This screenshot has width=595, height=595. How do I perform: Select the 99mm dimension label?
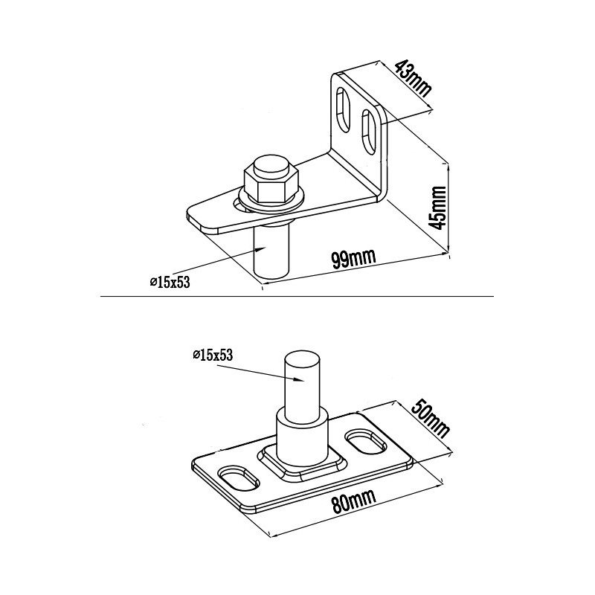tap(353, 259)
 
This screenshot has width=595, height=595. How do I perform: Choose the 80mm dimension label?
tap(353, 501)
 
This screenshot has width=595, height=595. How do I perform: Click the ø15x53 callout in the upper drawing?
tap(170, 283)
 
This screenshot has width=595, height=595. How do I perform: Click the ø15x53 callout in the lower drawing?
tap(213, 356)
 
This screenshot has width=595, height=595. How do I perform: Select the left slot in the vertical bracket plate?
tap(344, 109)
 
